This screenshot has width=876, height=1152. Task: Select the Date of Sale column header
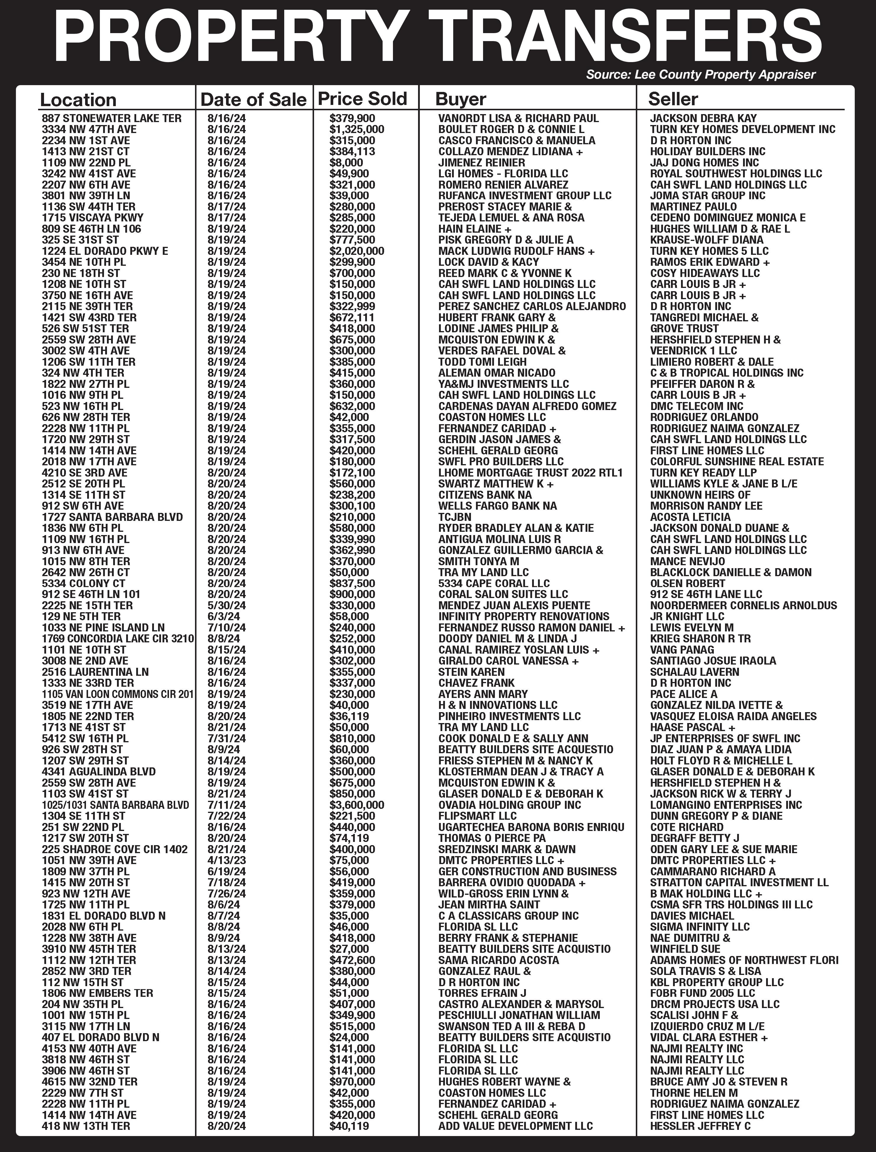coord(253,99)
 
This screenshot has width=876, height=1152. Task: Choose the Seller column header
coord(673,99)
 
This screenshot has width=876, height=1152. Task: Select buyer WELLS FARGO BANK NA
coord(498,505)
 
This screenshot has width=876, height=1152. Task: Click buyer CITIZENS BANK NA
coord(485,495)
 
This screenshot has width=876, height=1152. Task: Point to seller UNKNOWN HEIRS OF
coord(700,495)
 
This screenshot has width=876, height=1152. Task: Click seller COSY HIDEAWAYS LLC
coord(705,273)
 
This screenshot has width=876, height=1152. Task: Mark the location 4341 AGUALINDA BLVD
coord(99,772)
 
